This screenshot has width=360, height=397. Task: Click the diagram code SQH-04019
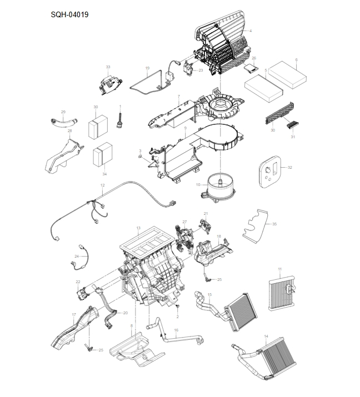click(x=69, y=14)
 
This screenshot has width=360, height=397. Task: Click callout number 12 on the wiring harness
click(x=102, y=185)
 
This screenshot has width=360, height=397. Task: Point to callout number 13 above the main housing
click(x=138, y=228)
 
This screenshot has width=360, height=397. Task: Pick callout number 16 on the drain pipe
click(x=176, y=330)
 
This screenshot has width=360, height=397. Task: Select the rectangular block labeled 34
click(x=102, y=155)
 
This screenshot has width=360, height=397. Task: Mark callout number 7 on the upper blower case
click(x=178, y=97)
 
